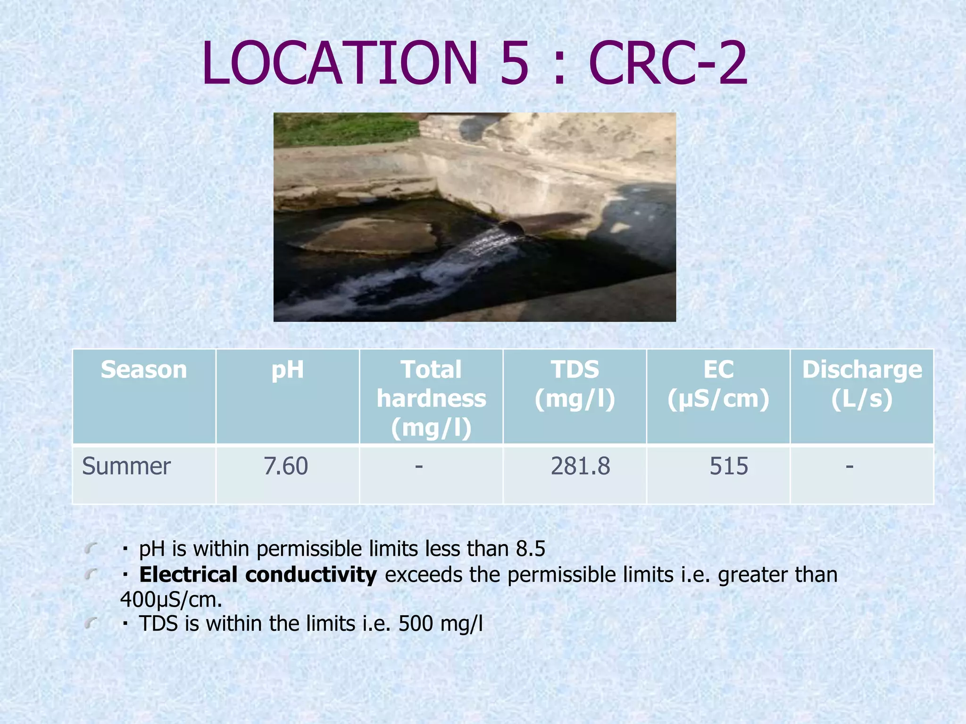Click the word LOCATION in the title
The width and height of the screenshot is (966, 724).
pos(340,64)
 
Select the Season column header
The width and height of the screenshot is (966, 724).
pos(144,370)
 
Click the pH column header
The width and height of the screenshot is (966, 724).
pos(287,370)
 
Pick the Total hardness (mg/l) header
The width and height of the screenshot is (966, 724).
pos(431,398)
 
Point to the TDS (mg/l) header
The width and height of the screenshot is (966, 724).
pos(575,384)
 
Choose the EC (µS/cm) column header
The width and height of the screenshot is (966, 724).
pos(718,384)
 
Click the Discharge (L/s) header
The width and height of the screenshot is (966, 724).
pos(862,384)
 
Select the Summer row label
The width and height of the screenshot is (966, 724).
pos(126,466)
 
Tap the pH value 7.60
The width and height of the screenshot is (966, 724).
pos(286,466)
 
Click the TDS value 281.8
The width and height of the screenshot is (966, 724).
pos(580,466)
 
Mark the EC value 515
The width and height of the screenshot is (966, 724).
pos(729,466)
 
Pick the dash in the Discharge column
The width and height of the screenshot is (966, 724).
pos(849,467)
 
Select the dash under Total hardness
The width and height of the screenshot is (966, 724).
pos(419,467)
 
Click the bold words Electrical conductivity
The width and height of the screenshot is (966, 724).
pos(258,575)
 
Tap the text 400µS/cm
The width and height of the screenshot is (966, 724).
pos(171,600)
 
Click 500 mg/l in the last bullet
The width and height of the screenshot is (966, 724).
pos(441,624)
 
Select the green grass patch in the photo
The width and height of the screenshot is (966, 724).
pos(344,130)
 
